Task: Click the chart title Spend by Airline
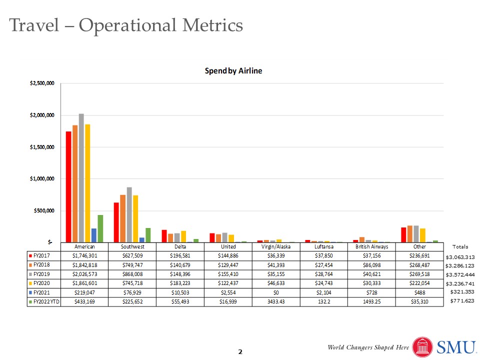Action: (233, 71)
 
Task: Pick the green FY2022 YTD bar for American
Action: (100, 228)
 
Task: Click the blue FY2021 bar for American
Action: (93, 235)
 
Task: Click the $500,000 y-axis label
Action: (43, 210)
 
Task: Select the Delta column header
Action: (180, 247)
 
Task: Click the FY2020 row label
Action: (43, 283)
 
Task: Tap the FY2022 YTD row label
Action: (43, 301)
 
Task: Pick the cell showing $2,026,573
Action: (84, 274)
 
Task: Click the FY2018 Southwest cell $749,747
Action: (132, 265)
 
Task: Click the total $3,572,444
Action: (460, 274)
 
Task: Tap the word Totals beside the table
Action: (460, 247)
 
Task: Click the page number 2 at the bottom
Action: (240, 352)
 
